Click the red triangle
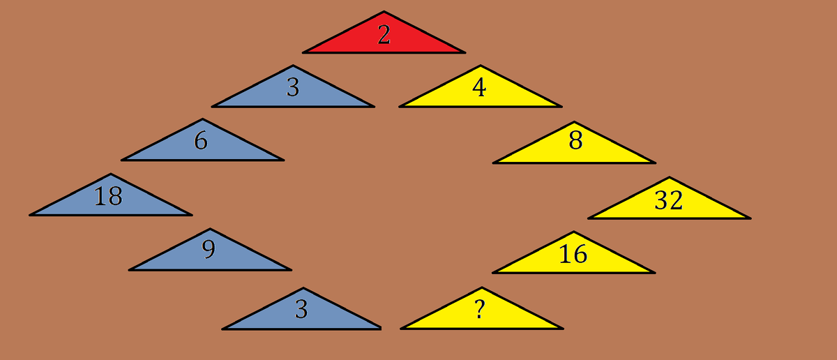[x=384, y=39]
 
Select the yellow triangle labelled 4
[x=480, y=93]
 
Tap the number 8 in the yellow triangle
[x=575, y=141]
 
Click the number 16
[x=573, y=255]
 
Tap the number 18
[x=108, y=197]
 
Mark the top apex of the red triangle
[x=384, y=12]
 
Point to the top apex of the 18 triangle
[x=110, y=174]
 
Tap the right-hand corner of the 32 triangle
[x=750, y=218]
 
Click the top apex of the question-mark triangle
[x=481, y=287]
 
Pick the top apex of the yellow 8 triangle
[x=574, y=122]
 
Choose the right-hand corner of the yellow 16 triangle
[x=654, y=272]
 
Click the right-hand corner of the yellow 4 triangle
[x=561, y=106]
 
